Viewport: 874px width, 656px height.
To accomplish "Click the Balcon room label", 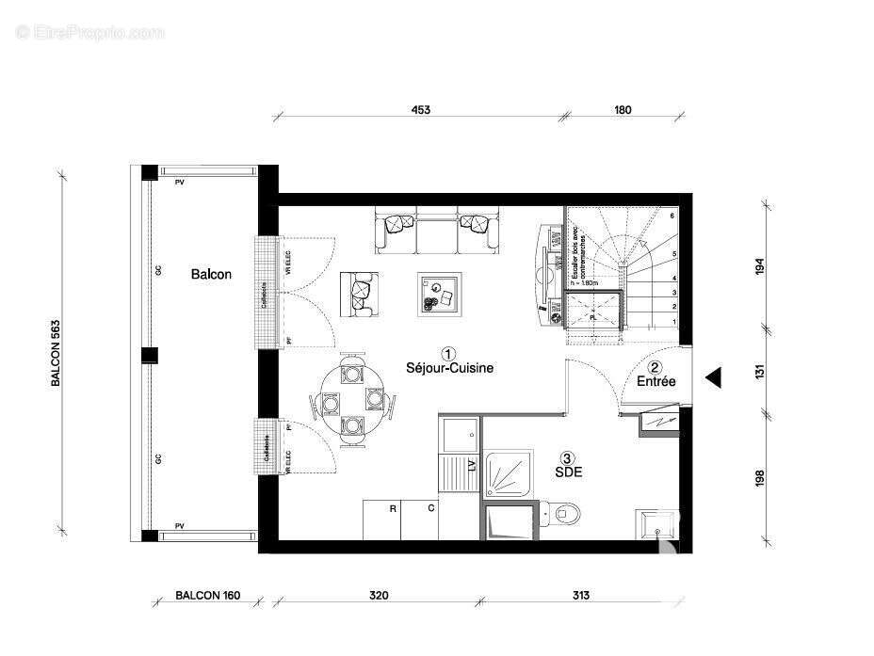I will click(211, 274).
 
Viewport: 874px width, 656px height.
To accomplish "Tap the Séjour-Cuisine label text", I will click(450, 368).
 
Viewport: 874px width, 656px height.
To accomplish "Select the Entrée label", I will click(655, 382).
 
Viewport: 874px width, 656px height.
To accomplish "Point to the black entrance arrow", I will click(714, 377).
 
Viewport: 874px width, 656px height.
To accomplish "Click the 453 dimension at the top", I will click(420, 110).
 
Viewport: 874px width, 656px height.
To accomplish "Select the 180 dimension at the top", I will click(623, 110).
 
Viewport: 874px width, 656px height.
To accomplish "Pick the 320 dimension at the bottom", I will click(379, 596).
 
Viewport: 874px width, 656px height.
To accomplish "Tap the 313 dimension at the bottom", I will click(580, 596).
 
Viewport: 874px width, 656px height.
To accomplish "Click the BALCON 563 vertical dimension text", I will click(56, 352).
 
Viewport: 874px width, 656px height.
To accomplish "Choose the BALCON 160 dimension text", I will click(208, 596).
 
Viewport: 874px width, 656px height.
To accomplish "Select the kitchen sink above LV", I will click(458, 435).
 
